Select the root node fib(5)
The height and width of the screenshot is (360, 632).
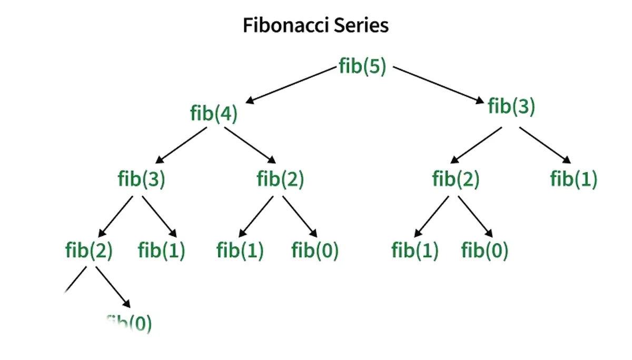363,67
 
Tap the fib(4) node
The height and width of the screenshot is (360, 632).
214,114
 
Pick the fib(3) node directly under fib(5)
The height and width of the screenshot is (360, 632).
511,106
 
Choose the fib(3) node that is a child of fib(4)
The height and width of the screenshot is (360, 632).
141,179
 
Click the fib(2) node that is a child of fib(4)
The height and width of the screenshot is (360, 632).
280,179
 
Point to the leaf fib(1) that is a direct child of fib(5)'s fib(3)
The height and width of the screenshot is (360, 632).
574,179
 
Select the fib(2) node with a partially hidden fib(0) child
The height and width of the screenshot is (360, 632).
89,251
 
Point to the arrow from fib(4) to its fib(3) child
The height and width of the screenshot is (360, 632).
182,145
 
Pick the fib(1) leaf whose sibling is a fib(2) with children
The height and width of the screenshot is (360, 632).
162,251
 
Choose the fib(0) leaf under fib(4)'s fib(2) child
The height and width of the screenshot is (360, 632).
315,251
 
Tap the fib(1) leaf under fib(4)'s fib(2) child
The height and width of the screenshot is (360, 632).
240,251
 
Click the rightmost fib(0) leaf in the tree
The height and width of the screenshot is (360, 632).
485,251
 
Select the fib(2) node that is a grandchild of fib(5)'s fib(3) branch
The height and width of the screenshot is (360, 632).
456,179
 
